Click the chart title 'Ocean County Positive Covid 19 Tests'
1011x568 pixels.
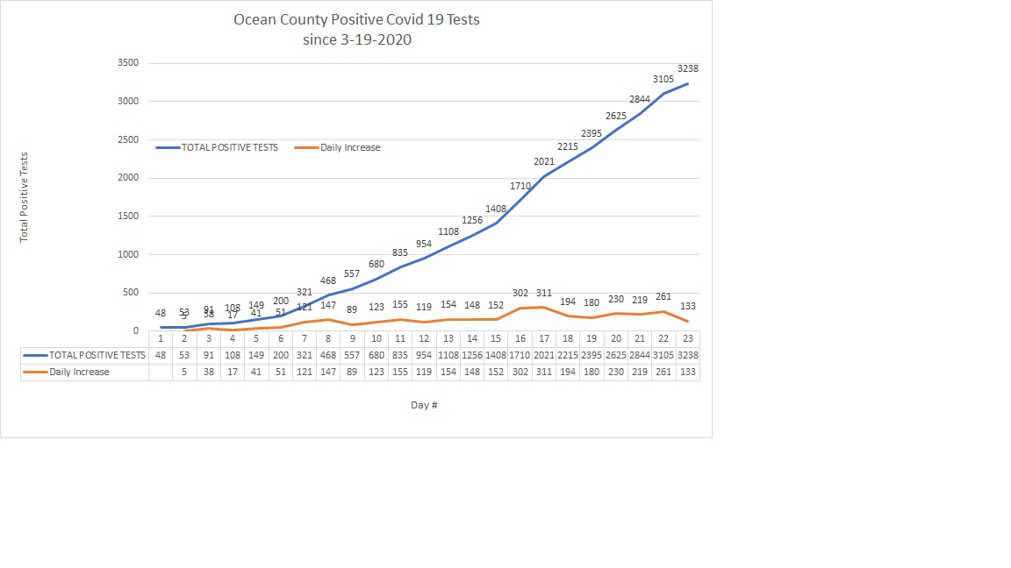pyautogui.click(x=356, y=19)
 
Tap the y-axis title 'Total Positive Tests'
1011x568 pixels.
pyautogui.click(x=25, y=197)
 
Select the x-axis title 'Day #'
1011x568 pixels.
pyautogui.click(x=424, y=405)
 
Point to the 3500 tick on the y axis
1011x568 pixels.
pyautogui.click(x=127, y=63)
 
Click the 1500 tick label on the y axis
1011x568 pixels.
pyautogui.click(x=127, y=217)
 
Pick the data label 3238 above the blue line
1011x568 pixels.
pyautogui.click(x=688, y=68)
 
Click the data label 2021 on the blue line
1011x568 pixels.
pyautogui.click(x=544, y=160)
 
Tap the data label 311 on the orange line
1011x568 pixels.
pyautogui.click(x=544, y=294)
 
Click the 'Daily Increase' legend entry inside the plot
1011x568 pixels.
pyautogui.click(x=350, y=147)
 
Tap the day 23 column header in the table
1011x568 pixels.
pyautogui.click(x=687, y=338)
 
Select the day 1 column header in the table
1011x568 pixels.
pyautogui.click(x=161, y=338)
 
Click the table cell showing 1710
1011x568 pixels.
pyautogui.click(x=520, y=355)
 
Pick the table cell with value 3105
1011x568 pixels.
pyautogui.click(x=663, y=355)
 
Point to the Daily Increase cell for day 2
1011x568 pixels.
pyautogui.click(x=184, y=372)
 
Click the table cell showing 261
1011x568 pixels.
pyautogui.click(x=663, y=372)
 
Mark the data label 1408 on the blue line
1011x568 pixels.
pyautogui.click(x=497, y=209)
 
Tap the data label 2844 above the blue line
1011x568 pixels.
pyautogui.click(x=640, y=99)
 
